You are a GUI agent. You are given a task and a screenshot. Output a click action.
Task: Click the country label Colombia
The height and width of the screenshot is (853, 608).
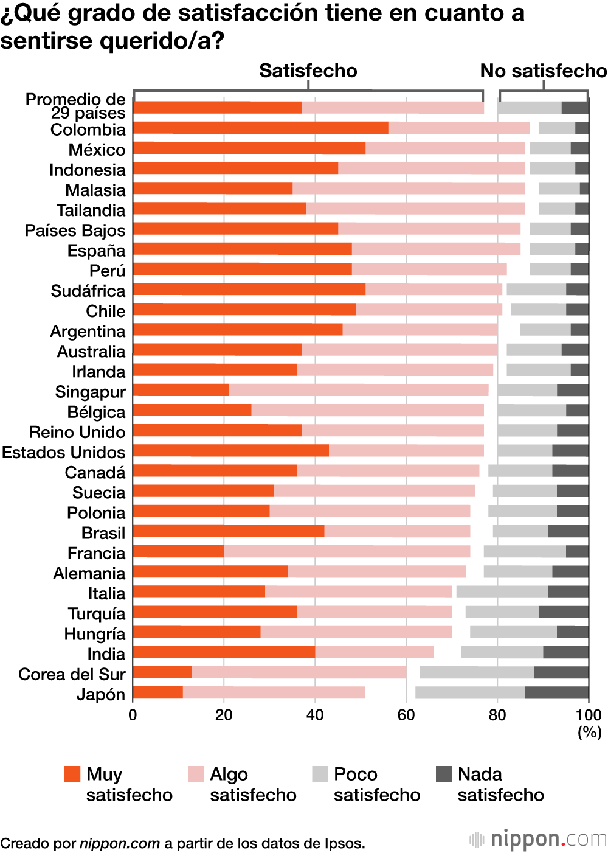pos(88,130)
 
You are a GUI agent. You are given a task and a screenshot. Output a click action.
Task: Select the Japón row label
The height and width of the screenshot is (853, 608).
pos(100,694)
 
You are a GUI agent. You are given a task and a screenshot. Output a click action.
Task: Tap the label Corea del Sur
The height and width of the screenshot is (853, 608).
pos(72,674)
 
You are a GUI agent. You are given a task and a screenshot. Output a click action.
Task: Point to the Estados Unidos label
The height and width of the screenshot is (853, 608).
pos(63,452)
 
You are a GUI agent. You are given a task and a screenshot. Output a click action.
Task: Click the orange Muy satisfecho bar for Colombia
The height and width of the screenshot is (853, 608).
pos(260,128)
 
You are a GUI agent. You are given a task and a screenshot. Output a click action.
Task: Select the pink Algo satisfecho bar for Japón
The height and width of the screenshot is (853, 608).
pos(274,692)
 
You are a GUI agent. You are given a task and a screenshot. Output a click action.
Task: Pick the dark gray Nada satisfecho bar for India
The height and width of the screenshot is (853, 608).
pos(565,652)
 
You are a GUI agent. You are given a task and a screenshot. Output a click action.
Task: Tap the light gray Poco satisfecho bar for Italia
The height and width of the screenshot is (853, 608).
pos(502,592)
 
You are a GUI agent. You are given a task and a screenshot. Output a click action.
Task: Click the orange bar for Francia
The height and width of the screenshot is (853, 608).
pos(178,552)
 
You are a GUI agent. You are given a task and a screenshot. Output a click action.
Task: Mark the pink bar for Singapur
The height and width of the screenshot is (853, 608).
pos(358,390)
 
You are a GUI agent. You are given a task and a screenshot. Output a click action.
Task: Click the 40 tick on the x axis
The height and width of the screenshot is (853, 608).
pos(315,715)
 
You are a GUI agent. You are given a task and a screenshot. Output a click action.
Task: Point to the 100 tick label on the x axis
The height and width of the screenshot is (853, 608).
pos(588,715)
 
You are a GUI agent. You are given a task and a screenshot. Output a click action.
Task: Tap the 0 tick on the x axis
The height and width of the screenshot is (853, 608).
pos(133,715)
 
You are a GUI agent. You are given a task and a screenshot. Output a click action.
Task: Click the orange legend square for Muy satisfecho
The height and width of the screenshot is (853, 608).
pos(72,774)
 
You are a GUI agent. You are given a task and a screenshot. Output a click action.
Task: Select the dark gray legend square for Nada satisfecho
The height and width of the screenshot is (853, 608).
pos(444,774)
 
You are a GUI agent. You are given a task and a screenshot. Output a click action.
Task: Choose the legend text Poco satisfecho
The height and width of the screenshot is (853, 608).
pos(376,784)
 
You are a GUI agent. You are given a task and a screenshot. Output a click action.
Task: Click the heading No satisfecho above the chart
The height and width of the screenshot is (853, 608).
pos(543,71)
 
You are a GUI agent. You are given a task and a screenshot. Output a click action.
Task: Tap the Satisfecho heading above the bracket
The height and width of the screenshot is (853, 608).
pos(308,71)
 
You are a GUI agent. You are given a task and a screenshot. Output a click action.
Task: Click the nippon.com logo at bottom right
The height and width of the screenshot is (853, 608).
pos(538,840)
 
